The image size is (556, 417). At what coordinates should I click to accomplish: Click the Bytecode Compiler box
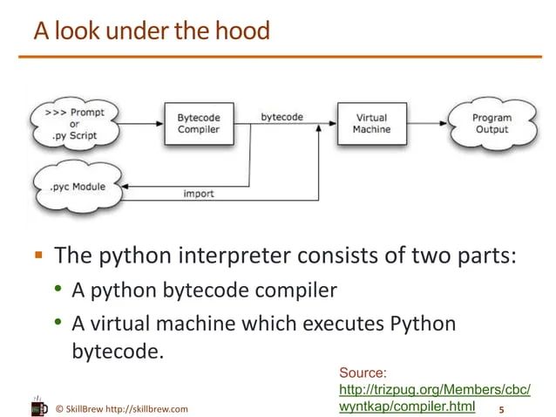tap(199, 123)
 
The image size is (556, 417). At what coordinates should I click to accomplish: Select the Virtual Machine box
tap(371, 123)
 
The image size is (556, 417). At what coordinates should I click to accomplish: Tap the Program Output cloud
tap(492, 123)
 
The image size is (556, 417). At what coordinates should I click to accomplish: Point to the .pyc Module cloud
tap(78, 187)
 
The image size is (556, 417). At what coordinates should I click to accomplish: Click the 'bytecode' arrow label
tap(281, 116)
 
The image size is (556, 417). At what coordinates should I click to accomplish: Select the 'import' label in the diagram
tap(199, 193)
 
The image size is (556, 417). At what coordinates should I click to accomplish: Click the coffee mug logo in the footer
tap(39, 405)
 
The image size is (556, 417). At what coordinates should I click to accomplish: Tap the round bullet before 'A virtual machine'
tap(58, 324)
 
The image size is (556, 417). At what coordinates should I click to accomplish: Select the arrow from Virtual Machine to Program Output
tap(429, 124)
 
